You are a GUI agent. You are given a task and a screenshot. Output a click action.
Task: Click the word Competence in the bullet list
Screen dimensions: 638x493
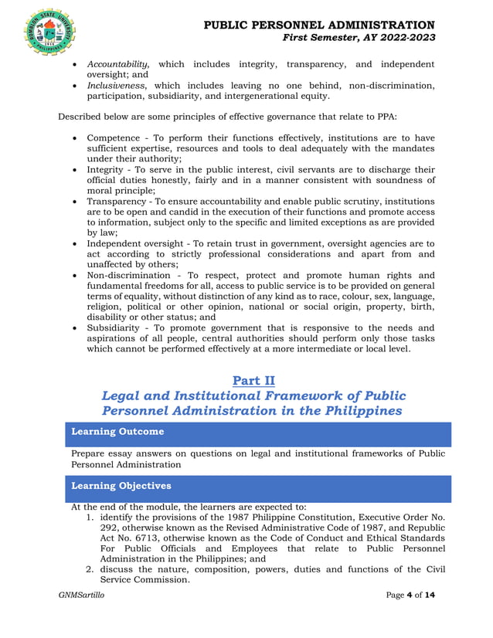[114, 137]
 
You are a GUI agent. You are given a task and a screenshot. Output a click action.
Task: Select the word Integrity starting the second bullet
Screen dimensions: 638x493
[107, 169]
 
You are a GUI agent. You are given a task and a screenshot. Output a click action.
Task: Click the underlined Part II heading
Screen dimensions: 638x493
[252, 380]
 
